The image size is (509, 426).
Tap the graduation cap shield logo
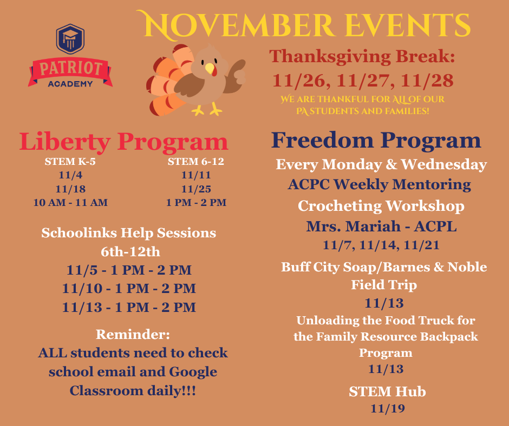[70, 38]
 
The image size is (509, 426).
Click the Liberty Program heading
[123, 142]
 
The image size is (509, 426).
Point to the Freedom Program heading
[376, 140]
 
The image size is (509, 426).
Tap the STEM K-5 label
[70, 162]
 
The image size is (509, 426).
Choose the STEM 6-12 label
[196, 162]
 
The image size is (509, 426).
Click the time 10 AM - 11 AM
[70, 203]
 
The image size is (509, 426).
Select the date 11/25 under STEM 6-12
[196, 189]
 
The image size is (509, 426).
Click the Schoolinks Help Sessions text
[129, 233]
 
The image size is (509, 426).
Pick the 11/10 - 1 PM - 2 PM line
[129, 288]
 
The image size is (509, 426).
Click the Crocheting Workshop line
[381, 206]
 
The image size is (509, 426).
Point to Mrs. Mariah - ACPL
[381, 227]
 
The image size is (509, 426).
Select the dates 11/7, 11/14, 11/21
[381, 245]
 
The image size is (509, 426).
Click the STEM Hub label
[387, 391]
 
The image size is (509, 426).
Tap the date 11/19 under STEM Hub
[387, 408]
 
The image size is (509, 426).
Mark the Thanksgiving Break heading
[362, 56]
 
